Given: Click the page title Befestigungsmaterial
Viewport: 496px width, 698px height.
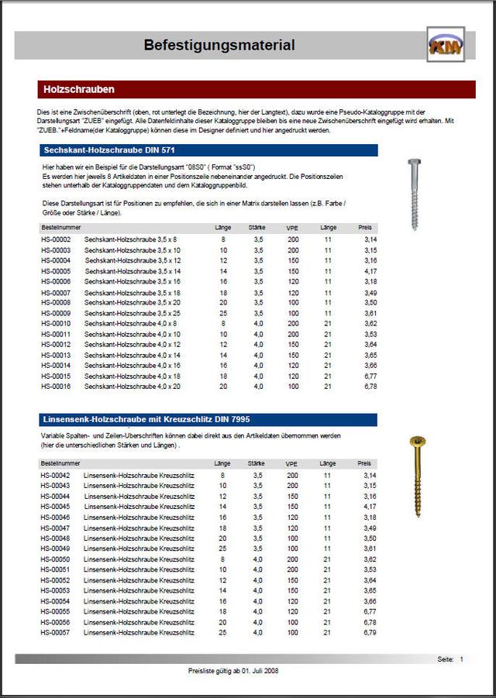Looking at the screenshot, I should click(219, 46).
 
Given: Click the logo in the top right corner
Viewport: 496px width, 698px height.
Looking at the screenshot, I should click(446, 45).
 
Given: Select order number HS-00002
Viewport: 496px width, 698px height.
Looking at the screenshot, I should click(56, 240).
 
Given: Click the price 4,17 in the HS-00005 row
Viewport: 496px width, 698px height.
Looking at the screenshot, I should click(370, 271).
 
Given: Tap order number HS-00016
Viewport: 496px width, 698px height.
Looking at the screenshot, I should click(56, 386).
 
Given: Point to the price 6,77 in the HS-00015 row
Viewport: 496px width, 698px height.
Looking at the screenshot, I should click(370, 376).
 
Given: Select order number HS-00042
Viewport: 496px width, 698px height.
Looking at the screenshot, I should click(56, 475).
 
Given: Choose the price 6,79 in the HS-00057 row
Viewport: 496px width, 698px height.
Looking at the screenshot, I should click(370, 632).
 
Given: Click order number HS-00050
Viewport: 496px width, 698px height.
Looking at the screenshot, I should click(56, 559).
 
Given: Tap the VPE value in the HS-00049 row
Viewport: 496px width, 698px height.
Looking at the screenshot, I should click(293, 548).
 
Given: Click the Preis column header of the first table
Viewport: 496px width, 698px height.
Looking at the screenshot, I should click(365, 228).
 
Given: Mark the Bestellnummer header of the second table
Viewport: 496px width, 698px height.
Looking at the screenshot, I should click(60, 463).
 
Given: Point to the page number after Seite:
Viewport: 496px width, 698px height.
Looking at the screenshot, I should click(461, 659).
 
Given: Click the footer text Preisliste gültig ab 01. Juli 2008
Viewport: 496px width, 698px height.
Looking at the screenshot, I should click(233, 671).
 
